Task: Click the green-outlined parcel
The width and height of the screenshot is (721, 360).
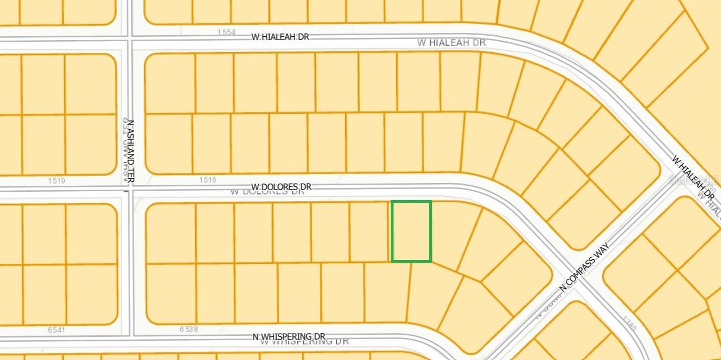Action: click(x=411, y=231)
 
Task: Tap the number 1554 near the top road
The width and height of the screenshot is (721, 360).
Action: click(x=226, y=32)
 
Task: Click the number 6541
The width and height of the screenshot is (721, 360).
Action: click(x=56, y=330)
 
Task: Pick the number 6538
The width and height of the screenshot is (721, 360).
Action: click(x=188, y=329)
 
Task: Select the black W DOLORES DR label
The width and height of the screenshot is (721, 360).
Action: click(x=281, y=187)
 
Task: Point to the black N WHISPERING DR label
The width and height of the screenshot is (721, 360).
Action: click(x=289, y=336)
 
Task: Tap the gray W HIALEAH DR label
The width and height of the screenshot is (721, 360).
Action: click(x=451, y=42)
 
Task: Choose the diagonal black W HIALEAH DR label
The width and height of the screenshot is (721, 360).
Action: click(x=694, y=177)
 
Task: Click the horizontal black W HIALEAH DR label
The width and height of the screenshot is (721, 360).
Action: click(x=280, y=37)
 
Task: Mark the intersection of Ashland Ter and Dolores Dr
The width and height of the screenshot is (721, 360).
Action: click(x=130, y=189)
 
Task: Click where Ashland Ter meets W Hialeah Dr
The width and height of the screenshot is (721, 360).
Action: click(x=130, y=39)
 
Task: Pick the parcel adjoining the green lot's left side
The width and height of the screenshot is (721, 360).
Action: click(x=370, y=231)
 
